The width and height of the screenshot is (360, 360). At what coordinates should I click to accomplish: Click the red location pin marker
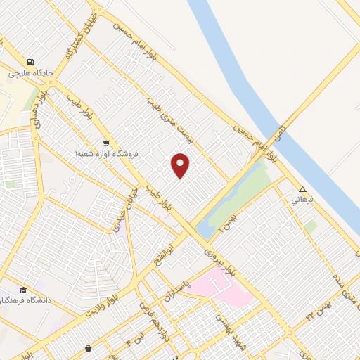[x=181, y=165]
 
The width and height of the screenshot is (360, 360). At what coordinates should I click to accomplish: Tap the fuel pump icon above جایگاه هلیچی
[x=30, y=61]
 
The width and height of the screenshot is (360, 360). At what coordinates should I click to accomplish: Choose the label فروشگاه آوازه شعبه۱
[x=107, y=153]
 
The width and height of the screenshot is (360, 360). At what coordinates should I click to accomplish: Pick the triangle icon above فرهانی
[x=302, y=189]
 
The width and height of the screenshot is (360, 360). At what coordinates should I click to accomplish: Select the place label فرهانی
[x=302, y=200]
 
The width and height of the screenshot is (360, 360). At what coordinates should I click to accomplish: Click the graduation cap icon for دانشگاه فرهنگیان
[x=23, y=290]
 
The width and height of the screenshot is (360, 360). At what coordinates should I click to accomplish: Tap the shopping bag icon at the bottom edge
[x=88, y=349]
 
